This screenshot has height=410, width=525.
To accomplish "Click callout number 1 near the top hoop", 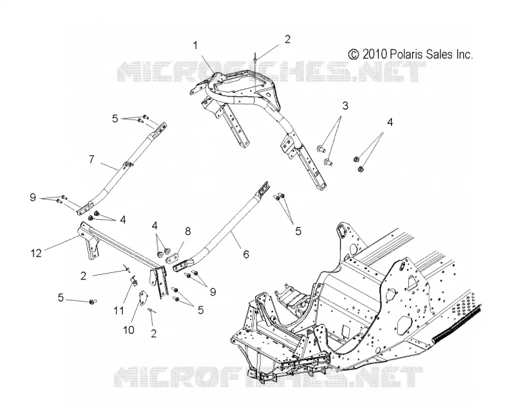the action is (195, 45).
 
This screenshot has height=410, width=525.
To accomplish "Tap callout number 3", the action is (345, 106).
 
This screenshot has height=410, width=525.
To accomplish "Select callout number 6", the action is (246, 255).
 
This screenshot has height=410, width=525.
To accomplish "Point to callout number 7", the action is (92, 159).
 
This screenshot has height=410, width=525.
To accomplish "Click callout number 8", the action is (188, 231).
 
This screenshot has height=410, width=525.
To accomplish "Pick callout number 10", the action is (129, 330).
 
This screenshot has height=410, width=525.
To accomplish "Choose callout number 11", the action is (119, 310).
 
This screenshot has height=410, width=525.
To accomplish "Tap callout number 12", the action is (36, 253).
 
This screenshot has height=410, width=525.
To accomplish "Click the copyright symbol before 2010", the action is (354, 54).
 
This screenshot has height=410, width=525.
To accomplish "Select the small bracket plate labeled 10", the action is (143, 298).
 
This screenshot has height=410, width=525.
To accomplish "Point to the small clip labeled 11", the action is (133, 281).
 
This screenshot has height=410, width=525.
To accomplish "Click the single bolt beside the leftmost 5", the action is (92, 302).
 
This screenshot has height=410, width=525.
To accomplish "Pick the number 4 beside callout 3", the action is (390, 123).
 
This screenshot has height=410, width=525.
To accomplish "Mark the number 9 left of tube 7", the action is (33, 197).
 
